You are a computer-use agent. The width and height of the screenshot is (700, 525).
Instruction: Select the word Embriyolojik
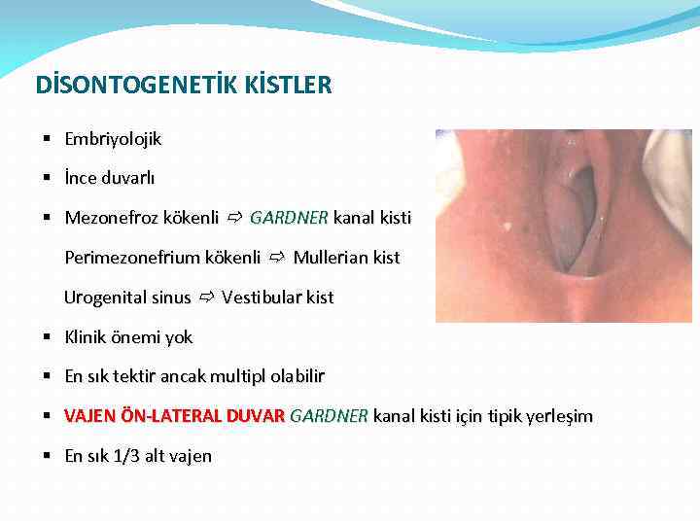(x=113, y=139)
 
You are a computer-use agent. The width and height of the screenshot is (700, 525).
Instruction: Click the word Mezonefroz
(x=108, y=218)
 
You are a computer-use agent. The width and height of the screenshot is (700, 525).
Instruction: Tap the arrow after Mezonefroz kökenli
(x=234, y=218)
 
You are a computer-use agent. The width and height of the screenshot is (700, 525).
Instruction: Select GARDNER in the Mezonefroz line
(x=289, y=218)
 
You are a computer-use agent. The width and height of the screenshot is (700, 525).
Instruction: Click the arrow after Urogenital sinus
(x=206, y=297)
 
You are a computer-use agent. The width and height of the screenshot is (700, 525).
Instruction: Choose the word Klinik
(x=85, y=337)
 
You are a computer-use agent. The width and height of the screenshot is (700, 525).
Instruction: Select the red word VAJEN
(x=89, y=417)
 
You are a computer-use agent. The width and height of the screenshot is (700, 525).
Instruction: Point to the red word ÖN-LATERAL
(x=172, y=417)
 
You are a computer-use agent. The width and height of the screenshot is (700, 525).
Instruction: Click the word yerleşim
(x=558, y=417)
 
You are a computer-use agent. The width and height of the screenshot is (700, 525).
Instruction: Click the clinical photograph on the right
(x=563, y=226)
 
